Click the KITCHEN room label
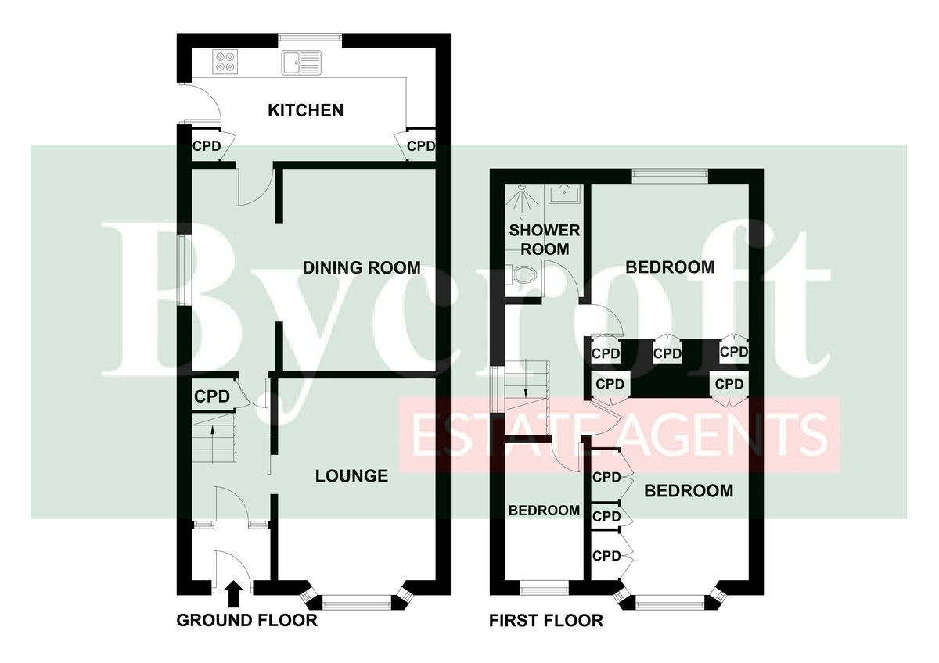pyautogui.click(x=306, y=110)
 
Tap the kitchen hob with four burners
pyautogui.click(x=225, y=62)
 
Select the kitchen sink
pyautogui.click(x=301, y=63)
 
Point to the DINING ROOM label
pyautogui.click(x=362, y=267)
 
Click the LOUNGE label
pyautogui.click(x=351, y=476)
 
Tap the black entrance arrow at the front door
pyautogui.click(x=234, y=594)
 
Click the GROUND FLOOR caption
pyautogui.click(x=247, y=620)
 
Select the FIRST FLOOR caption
pyautogui.click(x=546, y=620)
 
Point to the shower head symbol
pyautogui.click(x=522, y=200)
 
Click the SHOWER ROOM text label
pyautogui.click(x=545, y=239)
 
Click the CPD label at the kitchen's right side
pyautogui.click(x=421, y=145)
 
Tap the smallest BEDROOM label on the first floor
pyautogui.click(x=544, y=510)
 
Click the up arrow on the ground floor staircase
pyautogui.click(x=213, y=445)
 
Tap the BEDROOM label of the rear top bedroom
pyautogui.click(x=670, y=267)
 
